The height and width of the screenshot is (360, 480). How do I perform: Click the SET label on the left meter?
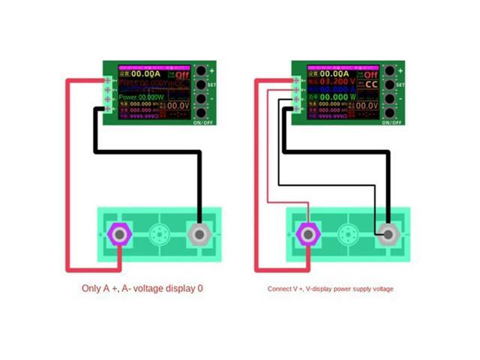point(212,85)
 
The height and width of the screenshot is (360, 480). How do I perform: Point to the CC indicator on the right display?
point(370,84)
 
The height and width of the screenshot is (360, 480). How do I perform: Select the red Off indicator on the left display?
point(183,75)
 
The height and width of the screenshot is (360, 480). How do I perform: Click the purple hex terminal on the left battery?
point(119,234)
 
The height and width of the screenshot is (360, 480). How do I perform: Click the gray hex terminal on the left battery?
point(199,234)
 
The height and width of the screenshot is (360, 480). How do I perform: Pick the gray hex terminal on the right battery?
point(388,234)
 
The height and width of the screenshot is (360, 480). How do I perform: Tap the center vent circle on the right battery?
point(347,234)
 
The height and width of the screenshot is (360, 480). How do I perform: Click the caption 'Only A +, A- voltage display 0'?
point(142,288)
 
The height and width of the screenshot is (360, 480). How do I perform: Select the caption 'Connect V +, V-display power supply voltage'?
point(330,288)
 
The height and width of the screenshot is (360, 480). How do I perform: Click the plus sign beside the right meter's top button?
point(400,70)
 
